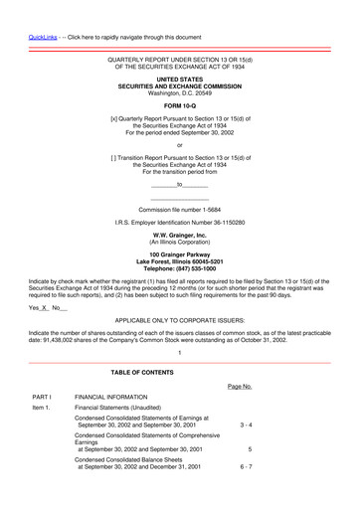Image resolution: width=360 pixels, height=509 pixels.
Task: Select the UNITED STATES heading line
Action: (x=179, y=79)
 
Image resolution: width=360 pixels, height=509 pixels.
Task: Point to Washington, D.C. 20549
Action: (x=179, y=92)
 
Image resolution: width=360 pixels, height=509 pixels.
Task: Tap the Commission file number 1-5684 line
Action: (x=179, y=211)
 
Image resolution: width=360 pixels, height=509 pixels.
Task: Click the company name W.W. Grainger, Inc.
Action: (x=179, y=235)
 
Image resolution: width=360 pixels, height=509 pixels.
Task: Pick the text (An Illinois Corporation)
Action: (x=179, y=242)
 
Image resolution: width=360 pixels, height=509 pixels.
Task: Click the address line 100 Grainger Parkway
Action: (x=179, y=254)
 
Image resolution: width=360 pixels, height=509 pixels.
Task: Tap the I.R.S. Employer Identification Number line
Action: (x=179, y=223)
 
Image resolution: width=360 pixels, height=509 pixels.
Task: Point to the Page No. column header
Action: (x=240, y=386)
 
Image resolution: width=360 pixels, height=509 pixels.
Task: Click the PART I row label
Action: (x=42, y=397)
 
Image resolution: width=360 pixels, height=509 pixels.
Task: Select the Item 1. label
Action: (x=41, y=408)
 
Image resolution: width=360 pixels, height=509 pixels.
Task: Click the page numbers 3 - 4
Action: (x=246, y=424)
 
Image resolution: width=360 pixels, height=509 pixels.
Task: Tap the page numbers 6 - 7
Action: (x=246, y=466)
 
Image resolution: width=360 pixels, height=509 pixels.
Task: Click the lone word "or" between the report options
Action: (x=179, y=145)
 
